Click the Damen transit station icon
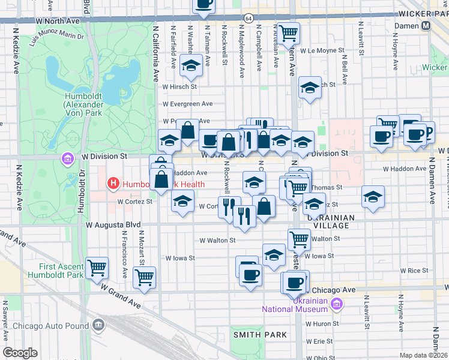(426, 26)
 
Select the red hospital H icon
(112, 183)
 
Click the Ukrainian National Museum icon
(336, 305)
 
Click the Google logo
(20, 353)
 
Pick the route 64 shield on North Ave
(248, 19)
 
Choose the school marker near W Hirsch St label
(310, 88)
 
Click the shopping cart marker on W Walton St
(299, 239)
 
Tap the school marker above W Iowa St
(274, 253)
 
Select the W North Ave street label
(58, 20)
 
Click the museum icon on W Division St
(67, 159)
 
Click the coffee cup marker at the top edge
(203, 5)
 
